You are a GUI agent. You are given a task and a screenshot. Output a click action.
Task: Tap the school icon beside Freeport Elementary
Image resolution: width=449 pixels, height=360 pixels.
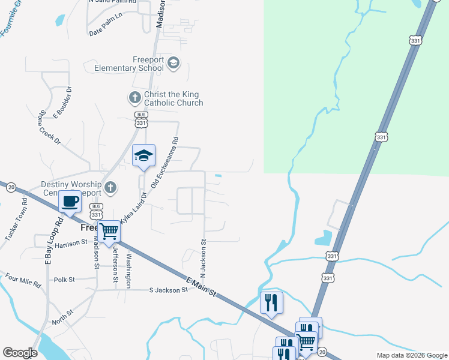pos(173,63)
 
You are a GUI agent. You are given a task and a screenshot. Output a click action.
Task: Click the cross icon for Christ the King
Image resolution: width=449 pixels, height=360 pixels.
pos(134,97)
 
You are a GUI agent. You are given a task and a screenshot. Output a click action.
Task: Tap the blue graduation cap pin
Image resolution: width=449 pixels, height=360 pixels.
pos(143,157)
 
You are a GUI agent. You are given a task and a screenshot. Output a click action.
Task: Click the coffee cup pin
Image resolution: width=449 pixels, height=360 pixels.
pos(70,202)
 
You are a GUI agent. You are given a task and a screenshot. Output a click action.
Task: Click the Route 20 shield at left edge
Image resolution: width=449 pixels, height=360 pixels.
pos(11,187)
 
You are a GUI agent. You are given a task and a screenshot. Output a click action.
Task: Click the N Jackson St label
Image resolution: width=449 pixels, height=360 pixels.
pos(203,259)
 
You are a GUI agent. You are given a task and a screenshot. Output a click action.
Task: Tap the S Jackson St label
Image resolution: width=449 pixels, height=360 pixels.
pos(169,290)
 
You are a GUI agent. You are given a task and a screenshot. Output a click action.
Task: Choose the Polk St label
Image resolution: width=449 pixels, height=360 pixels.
pos(64,280)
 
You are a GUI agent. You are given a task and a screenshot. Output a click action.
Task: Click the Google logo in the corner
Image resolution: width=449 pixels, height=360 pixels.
pos(20,353)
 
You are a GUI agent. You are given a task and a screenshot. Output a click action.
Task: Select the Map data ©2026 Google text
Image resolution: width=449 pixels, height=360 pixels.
pos(411,355)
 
